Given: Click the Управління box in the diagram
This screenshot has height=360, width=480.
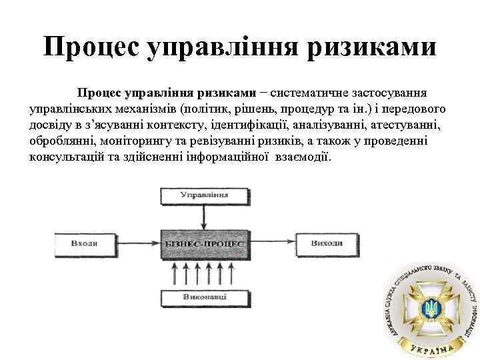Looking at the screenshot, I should coord(204,195).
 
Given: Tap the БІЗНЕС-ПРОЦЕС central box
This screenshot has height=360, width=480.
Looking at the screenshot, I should coord(204,244).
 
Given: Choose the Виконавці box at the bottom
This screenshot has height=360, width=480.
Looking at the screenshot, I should coord(204,295).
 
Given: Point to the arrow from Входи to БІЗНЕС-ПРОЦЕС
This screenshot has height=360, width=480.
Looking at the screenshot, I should coord(137,244).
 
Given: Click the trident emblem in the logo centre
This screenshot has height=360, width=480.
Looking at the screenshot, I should coord(429,308).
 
